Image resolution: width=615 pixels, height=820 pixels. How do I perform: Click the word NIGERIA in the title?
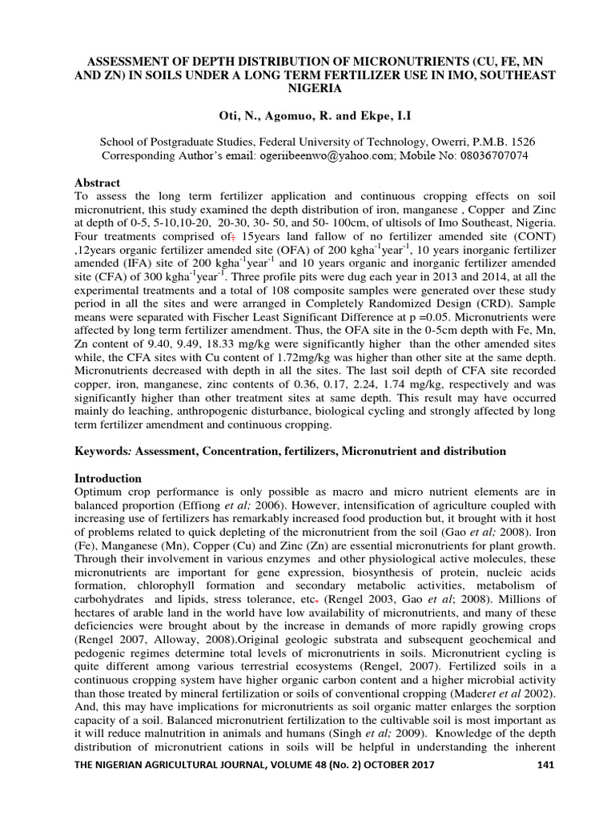pyautogui.click(x=308, y=88)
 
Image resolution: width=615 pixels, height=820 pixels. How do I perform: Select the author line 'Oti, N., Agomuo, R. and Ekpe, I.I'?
pyautogui.click(x=308, y=118)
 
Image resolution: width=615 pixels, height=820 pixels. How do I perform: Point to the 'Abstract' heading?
pyautogui.click(x=97, y=183)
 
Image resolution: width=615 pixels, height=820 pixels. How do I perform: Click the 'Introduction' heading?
pyautogui.click(x=107, y=478)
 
